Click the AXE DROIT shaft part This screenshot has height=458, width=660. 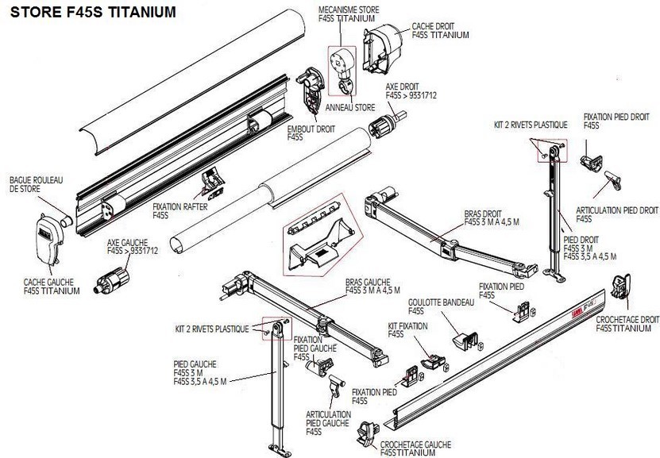(389, 125)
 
